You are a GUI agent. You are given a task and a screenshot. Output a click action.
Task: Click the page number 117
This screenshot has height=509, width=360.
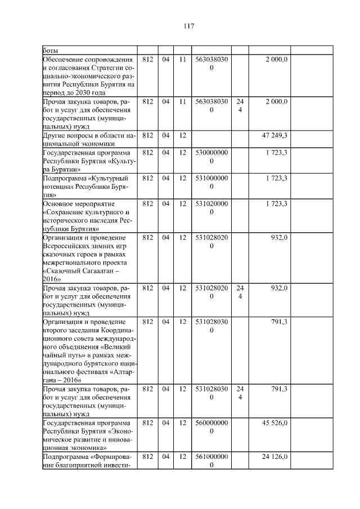tap(188, 26)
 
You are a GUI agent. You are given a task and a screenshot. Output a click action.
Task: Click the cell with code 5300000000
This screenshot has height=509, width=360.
tap(211, 157)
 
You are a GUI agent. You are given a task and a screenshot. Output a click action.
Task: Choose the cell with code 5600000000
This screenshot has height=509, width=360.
tap(211, 427)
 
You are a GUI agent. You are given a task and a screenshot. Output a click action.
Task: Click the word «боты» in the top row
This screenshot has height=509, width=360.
tap(51, 50)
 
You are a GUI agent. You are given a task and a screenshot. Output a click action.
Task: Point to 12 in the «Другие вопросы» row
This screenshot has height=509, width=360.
tap(182, 136)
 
